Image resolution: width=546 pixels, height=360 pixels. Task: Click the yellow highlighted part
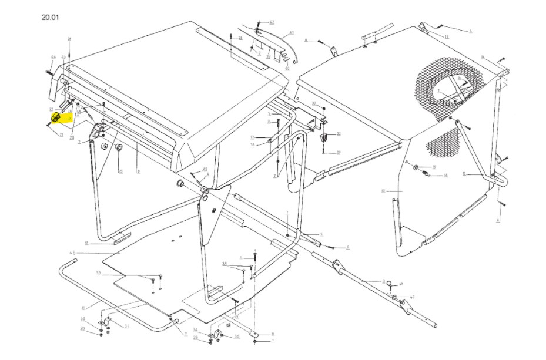click(55, 119)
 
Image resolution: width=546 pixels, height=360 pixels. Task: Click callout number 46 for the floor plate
click(73, 253)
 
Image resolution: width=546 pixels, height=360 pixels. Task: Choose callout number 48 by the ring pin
click(401, 284)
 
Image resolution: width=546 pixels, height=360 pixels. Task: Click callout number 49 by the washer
click(412, 297)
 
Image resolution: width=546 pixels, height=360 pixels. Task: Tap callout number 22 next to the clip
click(339, 134)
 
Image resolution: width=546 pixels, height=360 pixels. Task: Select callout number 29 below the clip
click(339, 153)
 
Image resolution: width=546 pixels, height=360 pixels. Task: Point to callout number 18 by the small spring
click(445, 176)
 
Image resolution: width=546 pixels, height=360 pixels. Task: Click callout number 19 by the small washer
click(434, 167)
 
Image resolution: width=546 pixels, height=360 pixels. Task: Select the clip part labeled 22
click(322, 138)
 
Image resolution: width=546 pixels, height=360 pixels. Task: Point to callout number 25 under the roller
click(120, 171)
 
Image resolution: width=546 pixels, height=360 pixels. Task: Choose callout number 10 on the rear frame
click(383, 191)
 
